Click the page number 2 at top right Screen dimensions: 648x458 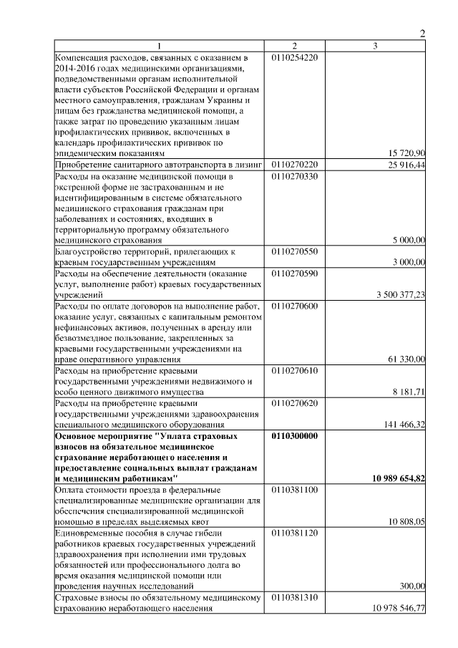pyautogui.click(x=422, y=33)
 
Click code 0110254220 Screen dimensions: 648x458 pyautogui.click(x=295, y=57)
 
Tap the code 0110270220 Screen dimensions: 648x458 pyautogui.click(x=295, y=165)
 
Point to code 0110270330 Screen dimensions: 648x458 pyautogui.click(x=295, y=175)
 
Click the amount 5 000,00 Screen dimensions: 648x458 pyautogui.click(x=409, y=240)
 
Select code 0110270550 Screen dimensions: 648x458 pyautogui.click(x=295, y=251)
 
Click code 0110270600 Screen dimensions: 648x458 pyautogui.click(x=295, y=306)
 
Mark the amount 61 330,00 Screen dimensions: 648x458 pyautogui.click(x=407, y=359)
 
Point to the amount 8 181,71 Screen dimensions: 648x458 pyautogui.click(x=409, y=392)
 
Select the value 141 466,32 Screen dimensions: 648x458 pyautogui.click(x=405, y=424)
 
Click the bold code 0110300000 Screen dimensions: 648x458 pyautogui.click(x=296, y=435)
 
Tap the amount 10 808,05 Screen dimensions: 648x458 pyautogui.click(x=407, y=521)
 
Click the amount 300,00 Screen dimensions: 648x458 pyautogui.click(x=412, y=586)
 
